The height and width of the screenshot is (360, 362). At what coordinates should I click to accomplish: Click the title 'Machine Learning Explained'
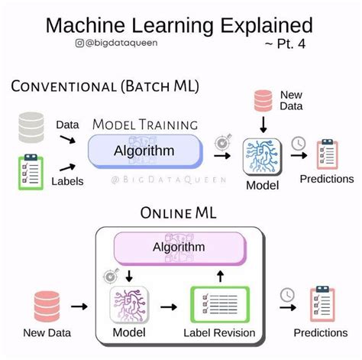pyautogui.click(x=179, y=24)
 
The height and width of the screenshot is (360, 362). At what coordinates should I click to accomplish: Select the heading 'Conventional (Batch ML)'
pyautogui.click(x=105, y=86)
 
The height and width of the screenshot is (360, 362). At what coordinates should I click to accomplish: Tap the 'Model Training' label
pyautogui.click(x=145, y=125)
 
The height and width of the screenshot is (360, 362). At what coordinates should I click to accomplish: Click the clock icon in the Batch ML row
pyautogui.click(x=299, y=144)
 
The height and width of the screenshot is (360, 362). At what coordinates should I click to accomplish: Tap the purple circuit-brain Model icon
pyautogui.click(x=128, y=305)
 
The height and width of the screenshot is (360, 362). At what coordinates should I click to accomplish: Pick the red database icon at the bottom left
pyautogui.click(x=47, y=306)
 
